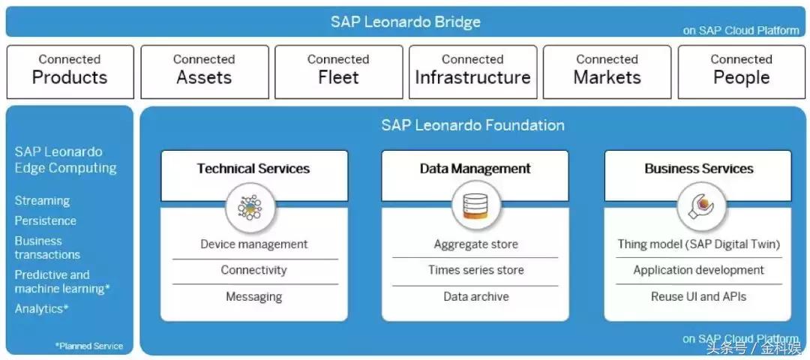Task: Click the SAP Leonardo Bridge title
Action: [406, 22]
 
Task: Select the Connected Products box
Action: [70, 72]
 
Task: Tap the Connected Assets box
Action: [205, 72]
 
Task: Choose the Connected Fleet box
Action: [338, 72]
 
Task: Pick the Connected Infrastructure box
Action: [472, 72]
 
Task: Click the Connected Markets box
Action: [607, 72]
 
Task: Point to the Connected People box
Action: [741, 72]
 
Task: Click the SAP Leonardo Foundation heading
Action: [472, 125]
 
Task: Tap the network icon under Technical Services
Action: [250, 207]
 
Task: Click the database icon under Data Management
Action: [475, 206]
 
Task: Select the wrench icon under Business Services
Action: [701, 206]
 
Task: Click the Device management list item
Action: [253, 244]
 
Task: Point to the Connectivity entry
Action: [253, 270]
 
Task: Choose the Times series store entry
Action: [475, 269]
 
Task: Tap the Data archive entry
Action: [475, 296]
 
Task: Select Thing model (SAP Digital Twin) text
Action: [698, 244]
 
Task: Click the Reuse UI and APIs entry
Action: [698, 296]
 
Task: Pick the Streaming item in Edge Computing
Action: [42, 200]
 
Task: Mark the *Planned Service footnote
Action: [89, 346]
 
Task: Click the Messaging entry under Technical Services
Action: [253, 297]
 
